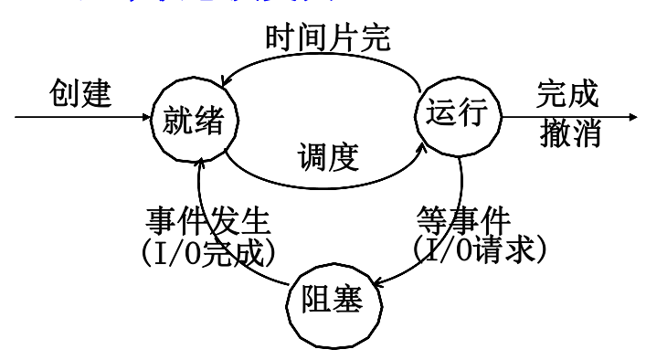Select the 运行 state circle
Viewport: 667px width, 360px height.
(459, 114)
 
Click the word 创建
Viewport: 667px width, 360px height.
(79, 94)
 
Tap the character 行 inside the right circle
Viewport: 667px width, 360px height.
(474, 114)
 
